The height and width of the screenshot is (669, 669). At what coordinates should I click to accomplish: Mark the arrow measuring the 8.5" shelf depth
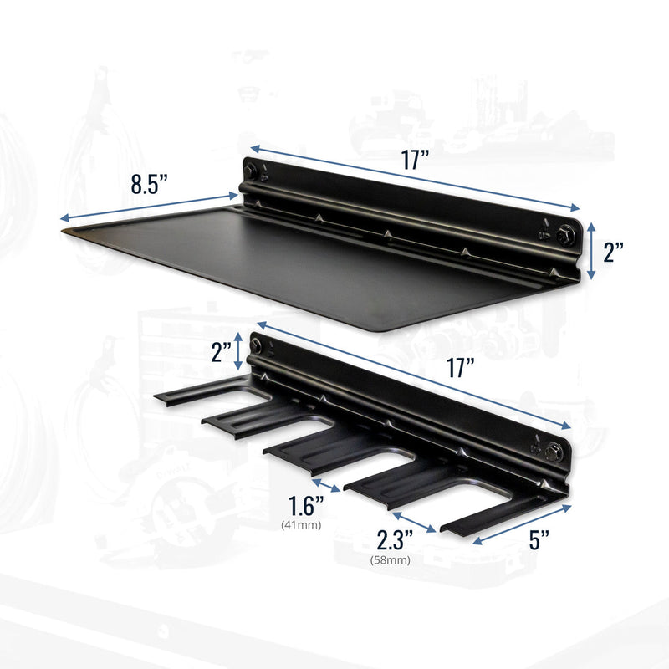click(x=151, y=207)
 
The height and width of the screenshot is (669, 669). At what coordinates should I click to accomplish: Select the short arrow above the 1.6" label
click(x=324, y=485)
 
